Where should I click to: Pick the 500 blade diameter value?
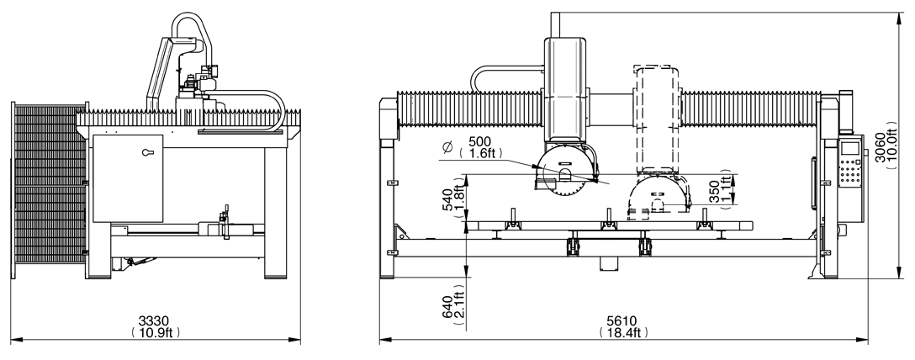pyautogui.click(x=480, y=141)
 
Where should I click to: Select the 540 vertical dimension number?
pyautogui.click(x=448, y=198)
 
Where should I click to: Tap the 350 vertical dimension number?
pyautogui.click(x=714, y=191)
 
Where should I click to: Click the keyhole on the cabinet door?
pyautogui.click(x=149, y=154)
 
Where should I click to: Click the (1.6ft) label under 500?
pyautogui.click(x=483, y=154)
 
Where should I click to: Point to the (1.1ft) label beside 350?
pyautogui.click(x=726, y=191)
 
